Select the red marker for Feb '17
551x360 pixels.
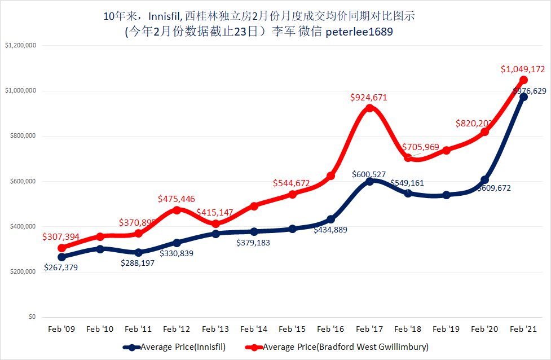[369, 108]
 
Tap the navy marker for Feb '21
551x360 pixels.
[523, 96]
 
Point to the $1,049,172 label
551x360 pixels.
[523, 69]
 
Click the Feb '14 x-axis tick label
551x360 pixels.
[254, 328]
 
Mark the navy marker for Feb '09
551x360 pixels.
[61, 257]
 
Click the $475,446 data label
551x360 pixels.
[175, 199]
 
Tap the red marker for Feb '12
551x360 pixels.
[177, 210]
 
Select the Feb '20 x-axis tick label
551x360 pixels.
[484, 328]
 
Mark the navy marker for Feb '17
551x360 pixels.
[369, 181]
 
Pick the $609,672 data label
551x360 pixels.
[493, 188]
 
